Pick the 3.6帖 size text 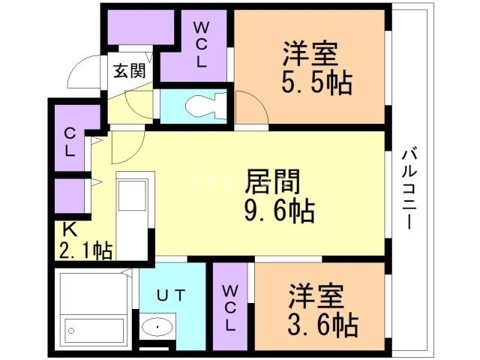pos(323,325)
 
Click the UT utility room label pos(169,295)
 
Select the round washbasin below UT pos(156,327)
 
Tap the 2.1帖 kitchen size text pos(84,250)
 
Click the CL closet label pos(69,142)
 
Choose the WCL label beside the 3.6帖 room pos(231,307)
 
